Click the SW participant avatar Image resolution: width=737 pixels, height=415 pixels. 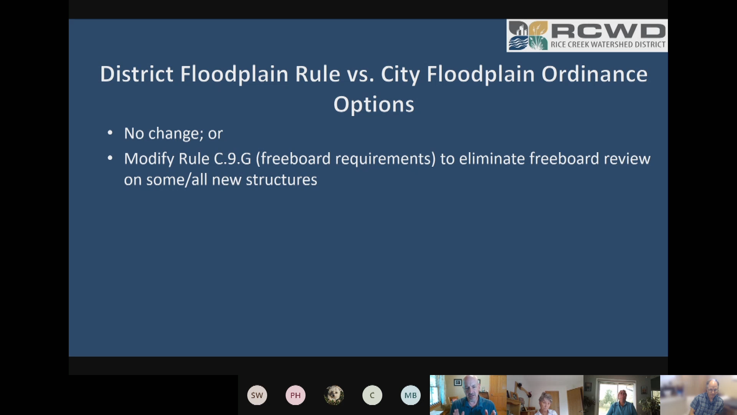(257, 395)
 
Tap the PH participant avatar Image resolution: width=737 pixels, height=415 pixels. (296, 395)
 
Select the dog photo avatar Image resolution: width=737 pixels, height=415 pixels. (334, 395)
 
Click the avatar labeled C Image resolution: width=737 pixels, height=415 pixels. (372, 395)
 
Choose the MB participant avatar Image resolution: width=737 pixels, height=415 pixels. (411, 395)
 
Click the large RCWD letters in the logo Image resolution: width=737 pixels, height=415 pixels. (608, 31)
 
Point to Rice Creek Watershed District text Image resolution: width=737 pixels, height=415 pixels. (608, 45)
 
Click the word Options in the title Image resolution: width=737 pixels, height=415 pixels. (373, 105)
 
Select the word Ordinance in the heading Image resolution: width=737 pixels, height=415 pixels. (594, 74)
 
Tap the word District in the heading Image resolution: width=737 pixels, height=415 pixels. (137, 74)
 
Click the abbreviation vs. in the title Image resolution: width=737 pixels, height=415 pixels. (360, 75)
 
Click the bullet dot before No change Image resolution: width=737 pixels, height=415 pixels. (110, 133)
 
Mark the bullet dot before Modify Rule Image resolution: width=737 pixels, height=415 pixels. (110, 158)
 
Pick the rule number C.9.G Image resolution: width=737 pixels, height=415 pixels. (232, 159)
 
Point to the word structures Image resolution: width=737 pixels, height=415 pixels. (281, 180)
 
